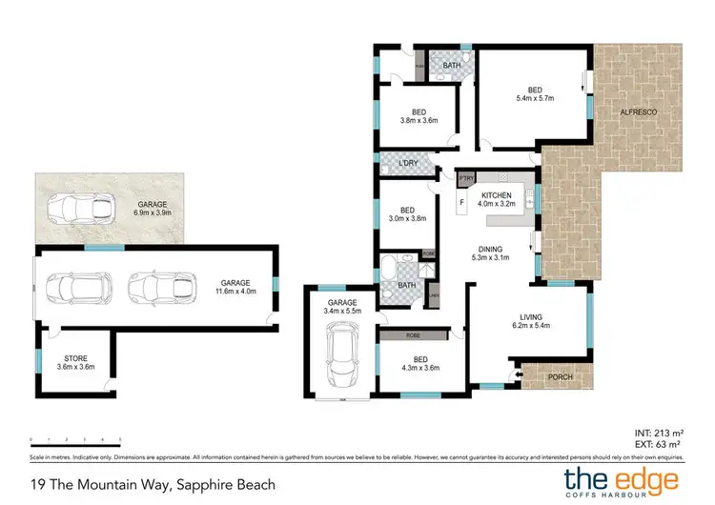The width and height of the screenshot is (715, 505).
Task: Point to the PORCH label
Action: coord(562,377)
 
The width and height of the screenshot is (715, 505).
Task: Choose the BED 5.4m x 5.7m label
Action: coord(535,93)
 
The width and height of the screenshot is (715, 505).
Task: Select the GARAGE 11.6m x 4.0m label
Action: coord(236,287)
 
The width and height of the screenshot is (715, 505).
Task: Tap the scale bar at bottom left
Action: coord(75,440)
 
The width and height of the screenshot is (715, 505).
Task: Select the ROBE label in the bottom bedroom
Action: coord(413,335)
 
